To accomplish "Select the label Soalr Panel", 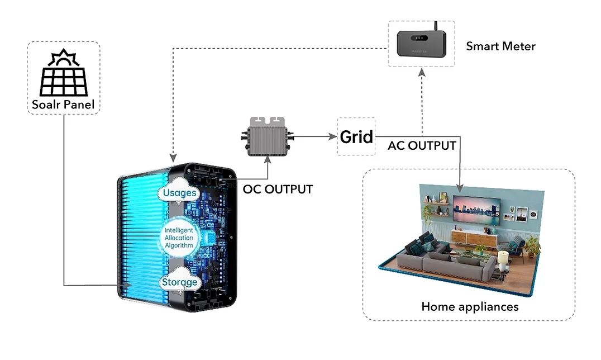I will click(x=63, y=105).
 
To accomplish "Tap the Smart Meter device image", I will click(x=421, y=43).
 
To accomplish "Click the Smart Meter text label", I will click(x=500, y=46).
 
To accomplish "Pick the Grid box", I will click(x=356, y=136).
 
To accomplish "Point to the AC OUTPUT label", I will click(x=422, y=146).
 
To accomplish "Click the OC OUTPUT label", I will click(x=278, y=189).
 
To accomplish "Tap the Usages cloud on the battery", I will click(x=179, y=193).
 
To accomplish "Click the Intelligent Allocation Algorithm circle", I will click(x=179, y=238).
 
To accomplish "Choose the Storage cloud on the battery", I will click(x=179, y=282).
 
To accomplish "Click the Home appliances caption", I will click(x=470, y=306).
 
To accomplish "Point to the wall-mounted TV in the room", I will click(x=474, y=210).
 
